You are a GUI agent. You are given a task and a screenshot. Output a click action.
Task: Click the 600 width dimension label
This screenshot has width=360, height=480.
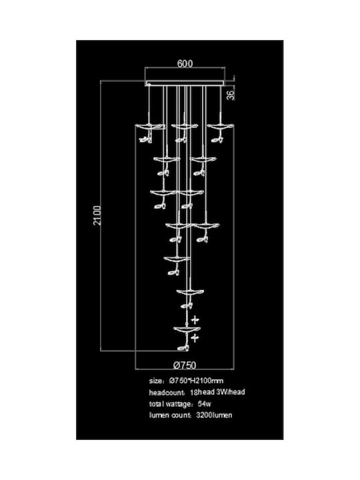coord(185,64)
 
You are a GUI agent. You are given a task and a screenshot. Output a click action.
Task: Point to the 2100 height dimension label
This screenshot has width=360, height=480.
coord(97,215)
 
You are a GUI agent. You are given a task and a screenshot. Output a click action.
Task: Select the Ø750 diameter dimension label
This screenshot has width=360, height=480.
coord(185,365)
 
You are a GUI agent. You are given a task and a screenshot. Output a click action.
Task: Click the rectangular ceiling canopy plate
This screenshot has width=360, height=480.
coord(185,83)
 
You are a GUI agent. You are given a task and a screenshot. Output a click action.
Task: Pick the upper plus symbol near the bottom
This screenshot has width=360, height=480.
coord(195,320)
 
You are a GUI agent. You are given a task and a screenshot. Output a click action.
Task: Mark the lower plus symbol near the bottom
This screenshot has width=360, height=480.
coord(195,338)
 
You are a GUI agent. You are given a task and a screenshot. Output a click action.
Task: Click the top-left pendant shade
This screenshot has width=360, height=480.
coord(149,126)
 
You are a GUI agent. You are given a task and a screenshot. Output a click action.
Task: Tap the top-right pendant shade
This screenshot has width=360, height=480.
coord(220,126)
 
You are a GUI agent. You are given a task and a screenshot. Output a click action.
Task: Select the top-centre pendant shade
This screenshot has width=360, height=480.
coord(184,126)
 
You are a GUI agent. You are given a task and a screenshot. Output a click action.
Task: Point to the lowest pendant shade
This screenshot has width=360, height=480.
coord(187,329)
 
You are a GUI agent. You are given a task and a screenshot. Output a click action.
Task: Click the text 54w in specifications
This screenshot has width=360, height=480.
coord(205,403)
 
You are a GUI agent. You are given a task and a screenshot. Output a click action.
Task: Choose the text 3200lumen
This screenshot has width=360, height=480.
coord(214,415)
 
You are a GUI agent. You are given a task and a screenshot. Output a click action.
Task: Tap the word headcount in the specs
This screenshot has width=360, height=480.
coord(167,393)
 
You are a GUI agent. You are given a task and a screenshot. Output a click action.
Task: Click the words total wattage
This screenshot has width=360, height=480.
coord(171,404)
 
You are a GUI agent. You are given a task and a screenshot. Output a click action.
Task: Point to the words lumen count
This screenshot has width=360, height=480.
coord(169,415)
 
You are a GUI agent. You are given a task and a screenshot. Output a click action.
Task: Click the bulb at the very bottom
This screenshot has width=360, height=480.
coord(183,348)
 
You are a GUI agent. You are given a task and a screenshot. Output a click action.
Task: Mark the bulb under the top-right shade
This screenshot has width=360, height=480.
coord(217,140)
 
